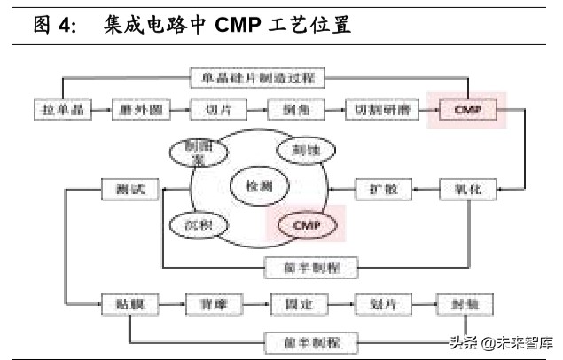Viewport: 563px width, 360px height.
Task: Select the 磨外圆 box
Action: [136, 112]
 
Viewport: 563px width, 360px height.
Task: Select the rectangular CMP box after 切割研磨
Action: [467, 112]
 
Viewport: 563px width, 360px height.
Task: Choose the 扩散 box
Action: [377, 189]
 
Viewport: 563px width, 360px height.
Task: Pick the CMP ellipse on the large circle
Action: [305, 225]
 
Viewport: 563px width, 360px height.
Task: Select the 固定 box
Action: [295, 304]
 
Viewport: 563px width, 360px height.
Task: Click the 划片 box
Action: [376, 304]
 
